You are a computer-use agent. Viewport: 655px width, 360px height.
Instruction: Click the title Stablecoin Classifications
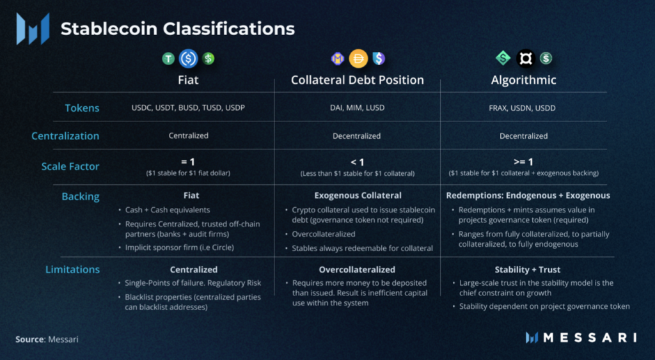point(177,29)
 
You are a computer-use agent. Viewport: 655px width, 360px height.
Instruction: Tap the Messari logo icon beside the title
point(33,29)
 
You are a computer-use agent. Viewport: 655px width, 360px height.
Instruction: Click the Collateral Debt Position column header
point(357,80)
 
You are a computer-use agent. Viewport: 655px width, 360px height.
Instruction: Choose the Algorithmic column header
point(523,80)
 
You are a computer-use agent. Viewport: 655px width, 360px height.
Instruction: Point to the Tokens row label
point(82,108)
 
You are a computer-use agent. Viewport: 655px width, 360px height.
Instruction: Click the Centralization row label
point(65,136)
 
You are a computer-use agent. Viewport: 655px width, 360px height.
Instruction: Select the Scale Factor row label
point(70,166)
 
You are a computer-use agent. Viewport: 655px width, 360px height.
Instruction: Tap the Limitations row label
point(72,269)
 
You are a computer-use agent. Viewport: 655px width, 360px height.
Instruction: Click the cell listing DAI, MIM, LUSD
point(357,108)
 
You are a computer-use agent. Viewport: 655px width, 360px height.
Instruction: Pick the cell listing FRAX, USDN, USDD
point(523,108)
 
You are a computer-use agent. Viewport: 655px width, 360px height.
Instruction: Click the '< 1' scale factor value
point(357,162)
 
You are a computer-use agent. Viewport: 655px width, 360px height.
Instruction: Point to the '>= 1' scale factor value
point(523,162)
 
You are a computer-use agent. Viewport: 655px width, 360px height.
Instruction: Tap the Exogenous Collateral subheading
point(358,195)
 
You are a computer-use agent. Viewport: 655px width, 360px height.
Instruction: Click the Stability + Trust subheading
point(523,269)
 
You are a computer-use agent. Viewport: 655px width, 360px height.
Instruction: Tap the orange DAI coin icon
point(358,59)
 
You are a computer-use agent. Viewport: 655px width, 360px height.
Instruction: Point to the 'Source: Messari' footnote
point(47,339)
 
